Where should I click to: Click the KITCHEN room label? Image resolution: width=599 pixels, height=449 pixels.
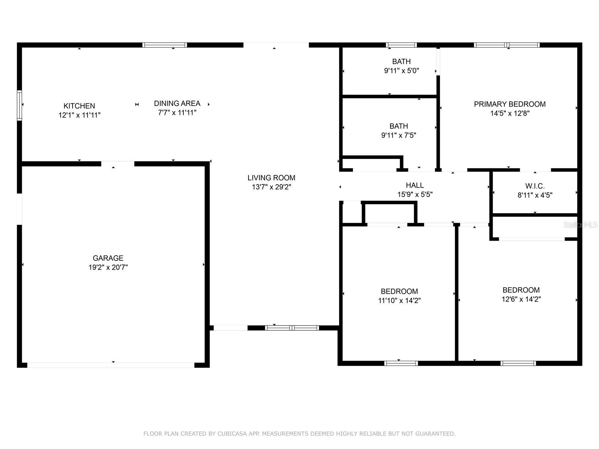point(79,106)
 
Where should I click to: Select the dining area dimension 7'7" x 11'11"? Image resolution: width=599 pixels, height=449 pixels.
point(177,113)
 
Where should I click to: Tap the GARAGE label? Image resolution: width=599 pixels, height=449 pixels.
point(108,258)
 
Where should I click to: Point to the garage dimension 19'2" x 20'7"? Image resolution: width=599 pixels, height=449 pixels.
point(108,267)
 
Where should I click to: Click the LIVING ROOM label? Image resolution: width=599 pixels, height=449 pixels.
point(271,178)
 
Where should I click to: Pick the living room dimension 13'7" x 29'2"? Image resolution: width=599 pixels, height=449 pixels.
point(271,187)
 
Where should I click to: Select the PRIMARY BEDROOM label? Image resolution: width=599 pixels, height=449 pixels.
point(510,104)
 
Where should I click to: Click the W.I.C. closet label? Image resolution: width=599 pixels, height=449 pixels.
point(535,186)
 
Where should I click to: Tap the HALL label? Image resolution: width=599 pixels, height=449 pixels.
point(415,185)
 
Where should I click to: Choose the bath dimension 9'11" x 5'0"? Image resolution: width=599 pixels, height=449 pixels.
point(401,71)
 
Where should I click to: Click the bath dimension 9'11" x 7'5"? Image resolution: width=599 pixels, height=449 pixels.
point(399,135)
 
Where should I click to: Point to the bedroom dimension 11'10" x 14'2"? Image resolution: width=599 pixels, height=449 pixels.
point(399,300)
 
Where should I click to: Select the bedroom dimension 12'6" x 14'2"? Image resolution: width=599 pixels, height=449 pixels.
point(521,299)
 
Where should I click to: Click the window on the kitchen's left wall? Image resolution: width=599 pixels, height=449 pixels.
point(19,105)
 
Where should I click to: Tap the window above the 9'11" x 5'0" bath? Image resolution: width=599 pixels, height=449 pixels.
point(401,45)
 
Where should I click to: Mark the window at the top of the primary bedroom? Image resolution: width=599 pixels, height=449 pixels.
point(507,45)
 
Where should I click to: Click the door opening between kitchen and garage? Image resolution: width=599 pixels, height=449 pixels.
point(118,164)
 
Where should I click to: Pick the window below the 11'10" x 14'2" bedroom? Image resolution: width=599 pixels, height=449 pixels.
point(401,363)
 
